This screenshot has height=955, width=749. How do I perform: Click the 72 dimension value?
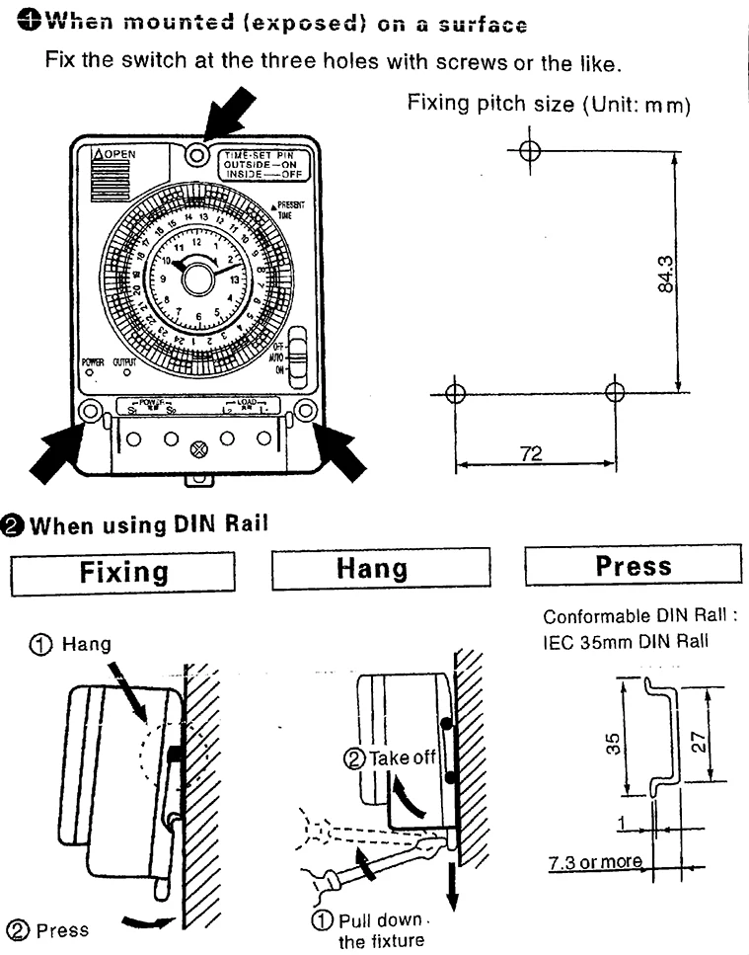tap(533, 453)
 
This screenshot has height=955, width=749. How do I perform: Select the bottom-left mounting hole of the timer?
tap(91, 410)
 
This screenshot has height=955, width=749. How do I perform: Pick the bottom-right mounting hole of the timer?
tap(305, 409)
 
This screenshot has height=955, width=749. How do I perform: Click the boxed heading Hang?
tap(380, 568)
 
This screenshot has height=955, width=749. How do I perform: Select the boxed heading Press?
tap(633, 566)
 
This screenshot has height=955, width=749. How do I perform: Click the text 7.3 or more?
tap(595, 862)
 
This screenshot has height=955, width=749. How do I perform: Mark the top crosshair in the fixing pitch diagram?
tap(529, 150)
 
